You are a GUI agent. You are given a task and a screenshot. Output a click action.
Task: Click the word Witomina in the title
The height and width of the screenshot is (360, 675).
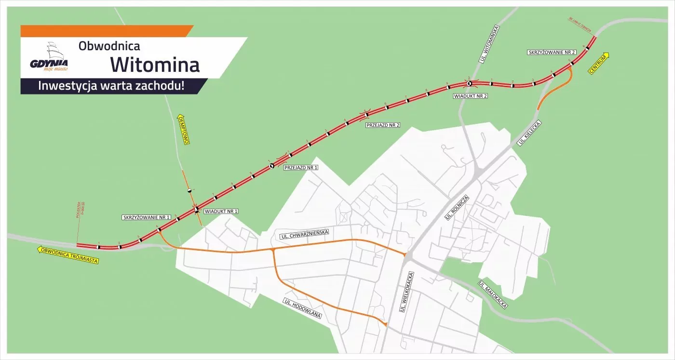[x=154, y=64]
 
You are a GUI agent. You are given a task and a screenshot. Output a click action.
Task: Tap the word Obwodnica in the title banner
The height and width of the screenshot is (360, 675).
[x=109, y=46]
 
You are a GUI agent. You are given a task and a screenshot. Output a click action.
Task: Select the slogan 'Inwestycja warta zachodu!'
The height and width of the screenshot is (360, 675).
[x=111, y=87]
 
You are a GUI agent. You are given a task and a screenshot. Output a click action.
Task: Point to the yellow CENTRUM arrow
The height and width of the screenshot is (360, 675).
[x=599, y=63]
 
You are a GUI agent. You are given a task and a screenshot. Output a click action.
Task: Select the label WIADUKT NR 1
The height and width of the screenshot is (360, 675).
[x=221, y=211]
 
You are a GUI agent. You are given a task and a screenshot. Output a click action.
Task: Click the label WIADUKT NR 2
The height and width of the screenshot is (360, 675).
[x=471, y=96]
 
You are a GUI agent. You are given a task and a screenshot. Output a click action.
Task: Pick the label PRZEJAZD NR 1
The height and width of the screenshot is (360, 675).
[x=301, y=168]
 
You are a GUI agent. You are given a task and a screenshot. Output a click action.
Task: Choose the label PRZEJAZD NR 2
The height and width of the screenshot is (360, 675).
[x=383, y=125]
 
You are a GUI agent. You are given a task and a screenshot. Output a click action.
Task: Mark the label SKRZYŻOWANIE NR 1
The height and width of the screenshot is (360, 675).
[x=147, y=217]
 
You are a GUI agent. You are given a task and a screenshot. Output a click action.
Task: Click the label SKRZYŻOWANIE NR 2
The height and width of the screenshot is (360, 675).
[x=552, y=52]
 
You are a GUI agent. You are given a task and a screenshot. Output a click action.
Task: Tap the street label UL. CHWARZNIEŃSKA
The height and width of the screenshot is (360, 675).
[x=304, y=234]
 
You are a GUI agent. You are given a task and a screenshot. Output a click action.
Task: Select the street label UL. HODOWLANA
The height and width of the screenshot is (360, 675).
[x=302, y=309]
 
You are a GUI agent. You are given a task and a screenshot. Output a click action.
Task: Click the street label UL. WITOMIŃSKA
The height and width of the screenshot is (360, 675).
[x=489, y=43]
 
